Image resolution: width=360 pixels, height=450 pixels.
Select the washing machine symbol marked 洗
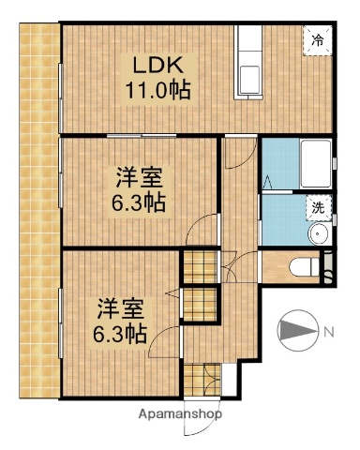point(319,206)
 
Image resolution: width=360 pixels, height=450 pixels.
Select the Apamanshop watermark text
point(180,413)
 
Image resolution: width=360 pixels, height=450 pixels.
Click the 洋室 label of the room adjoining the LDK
point(139,178)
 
